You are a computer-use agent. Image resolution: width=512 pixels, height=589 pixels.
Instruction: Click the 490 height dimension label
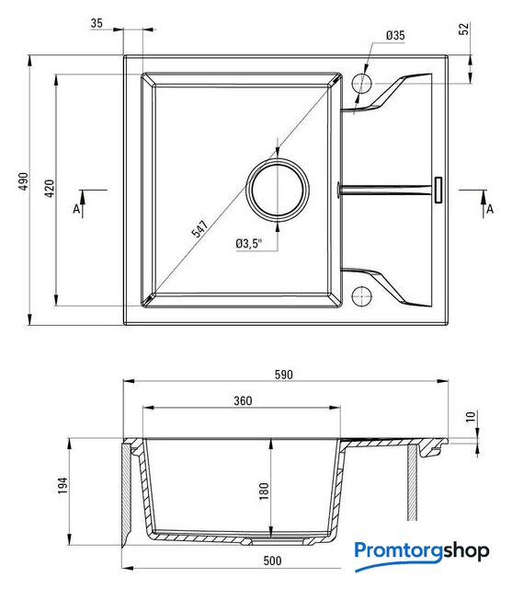coord(23,181)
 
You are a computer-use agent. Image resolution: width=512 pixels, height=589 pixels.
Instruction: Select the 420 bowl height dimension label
coord(49,188)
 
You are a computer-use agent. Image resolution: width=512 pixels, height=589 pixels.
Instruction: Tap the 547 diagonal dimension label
coord(199,229)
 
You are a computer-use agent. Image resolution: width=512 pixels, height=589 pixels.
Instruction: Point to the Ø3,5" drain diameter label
coord(249,243)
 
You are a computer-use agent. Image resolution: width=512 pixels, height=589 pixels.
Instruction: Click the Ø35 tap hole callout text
coord(395,35)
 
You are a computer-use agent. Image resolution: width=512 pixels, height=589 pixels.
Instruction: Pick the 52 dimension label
coord(464,29)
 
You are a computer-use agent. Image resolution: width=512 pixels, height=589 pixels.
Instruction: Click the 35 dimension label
coord(97,23)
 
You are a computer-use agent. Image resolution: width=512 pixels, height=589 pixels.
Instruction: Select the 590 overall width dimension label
coord(283,375)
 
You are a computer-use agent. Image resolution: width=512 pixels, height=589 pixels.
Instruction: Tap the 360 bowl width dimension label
coord(243,401)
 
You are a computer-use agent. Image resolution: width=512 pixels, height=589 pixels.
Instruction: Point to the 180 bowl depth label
coord(264,491)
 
